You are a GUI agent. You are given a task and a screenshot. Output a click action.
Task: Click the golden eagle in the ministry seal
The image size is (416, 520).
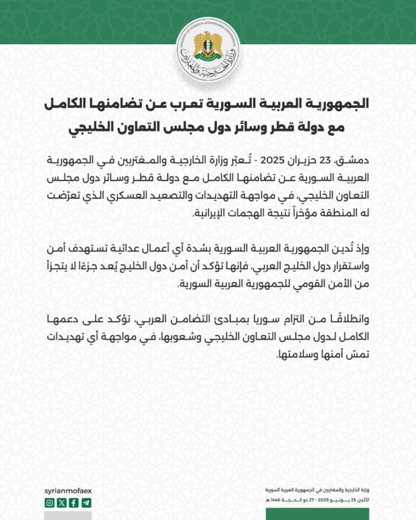pos(207,45)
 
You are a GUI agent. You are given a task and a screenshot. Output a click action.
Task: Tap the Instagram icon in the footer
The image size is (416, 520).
pos(49,503)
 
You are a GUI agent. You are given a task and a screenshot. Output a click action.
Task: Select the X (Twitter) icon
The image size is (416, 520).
pos(62,503)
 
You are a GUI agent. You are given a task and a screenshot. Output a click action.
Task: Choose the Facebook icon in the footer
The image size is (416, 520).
pos(74,503)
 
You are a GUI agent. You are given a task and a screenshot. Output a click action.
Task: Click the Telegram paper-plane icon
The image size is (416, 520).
pos(87,503)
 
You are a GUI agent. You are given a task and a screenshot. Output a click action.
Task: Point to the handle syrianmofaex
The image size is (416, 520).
pos(68,491)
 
